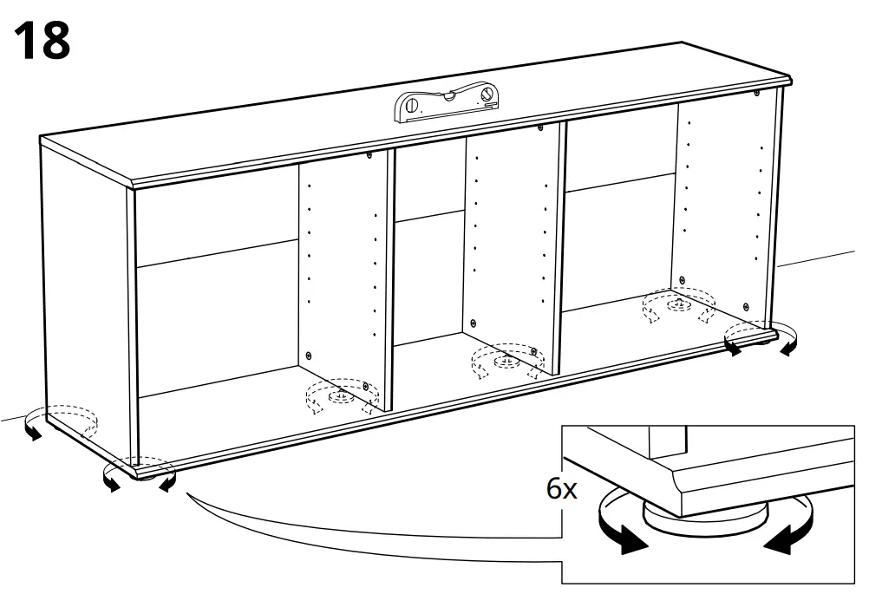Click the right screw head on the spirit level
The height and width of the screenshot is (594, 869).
click(x=487, y=92)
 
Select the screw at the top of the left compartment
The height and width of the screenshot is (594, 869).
click(x=369, y=156)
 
